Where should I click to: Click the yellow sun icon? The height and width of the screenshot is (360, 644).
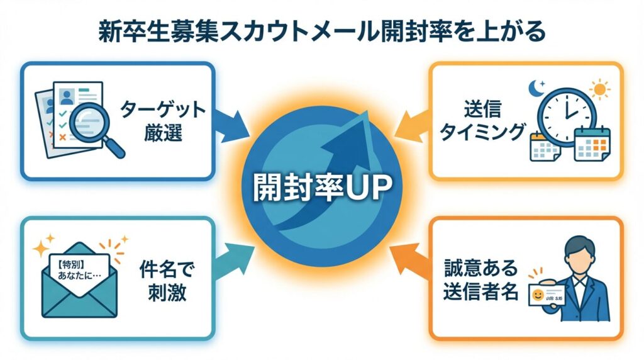click(600, 90)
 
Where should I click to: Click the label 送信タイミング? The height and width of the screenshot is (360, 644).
click(481, 121)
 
